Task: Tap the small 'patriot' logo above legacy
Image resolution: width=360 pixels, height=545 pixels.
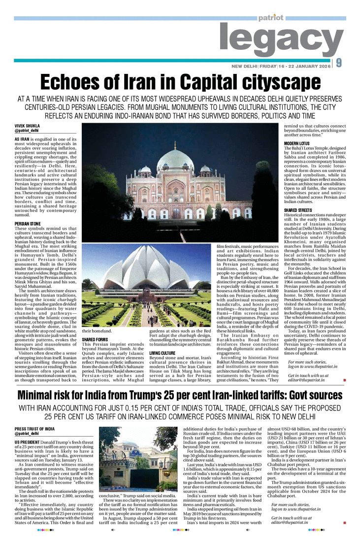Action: pos(270,18)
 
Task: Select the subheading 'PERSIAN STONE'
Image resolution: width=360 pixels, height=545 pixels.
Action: pos(28,224)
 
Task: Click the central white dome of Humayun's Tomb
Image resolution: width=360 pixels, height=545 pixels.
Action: pos(175,161)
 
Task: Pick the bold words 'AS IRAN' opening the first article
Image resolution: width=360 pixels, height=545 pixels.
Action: pos(23,139)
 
